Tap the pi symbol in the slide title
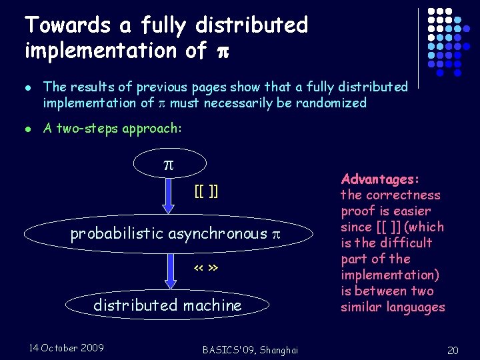pos(217,51)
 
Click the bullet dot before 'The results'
pos(27,87)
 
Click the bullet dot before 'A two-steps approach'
pos(27,129)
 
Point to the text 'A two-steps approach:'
pos(112,129)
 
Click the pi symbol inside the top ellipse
pos(170,163)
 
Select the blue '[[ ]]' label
pos(206,192)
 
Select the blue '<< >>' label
pos(206,268)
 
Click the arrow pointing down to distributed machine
pos(169,274)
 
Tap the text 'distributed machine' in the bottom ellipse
pos(167,305)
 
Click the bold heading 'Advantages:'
pos(380,179)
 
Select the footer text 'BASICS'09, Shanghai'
pos(249,350)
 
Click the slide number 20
pos(453,350)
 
